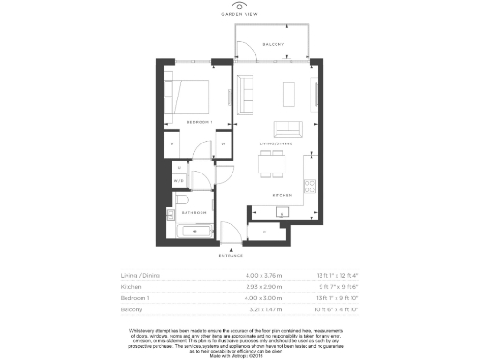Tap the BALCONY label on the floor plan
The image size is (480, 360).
click(x=273, y=44)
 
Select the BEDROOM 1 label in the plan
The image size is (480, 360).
click(x=199, y=123)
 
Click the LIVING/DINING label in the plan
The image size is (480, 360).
click(x=276, y=144)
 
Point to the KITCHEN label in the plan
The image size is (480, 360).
click(x=284, y=195)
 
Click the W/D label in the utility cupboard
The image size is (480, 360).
click(x=179, y=179)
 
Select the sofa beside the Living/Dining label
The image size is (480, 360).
click(x=287, y=128)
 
